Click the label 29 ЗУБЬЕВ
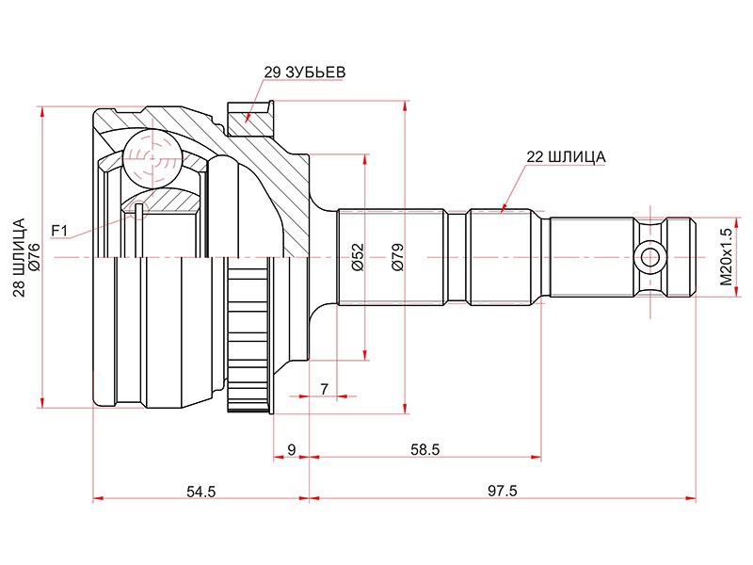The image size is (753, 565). (x=304, y=73)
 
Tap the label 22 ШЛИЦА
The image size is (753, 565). (x=567, y=157)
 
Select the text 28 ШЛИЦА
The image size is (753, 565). (x=19, y=257)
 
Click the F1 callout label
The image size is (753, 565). (x=60, y=231)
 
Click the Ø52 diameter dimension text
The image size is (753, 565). (x=358, y=257)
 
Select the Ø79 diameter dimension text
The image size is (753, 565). (x=397, y=257)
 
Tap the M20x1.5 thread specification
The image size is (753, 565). (x=726, y=257)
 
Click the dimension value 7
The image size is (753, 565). (x=325, y=389)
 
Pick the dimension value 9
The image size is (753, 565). (x=292, y=450)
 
